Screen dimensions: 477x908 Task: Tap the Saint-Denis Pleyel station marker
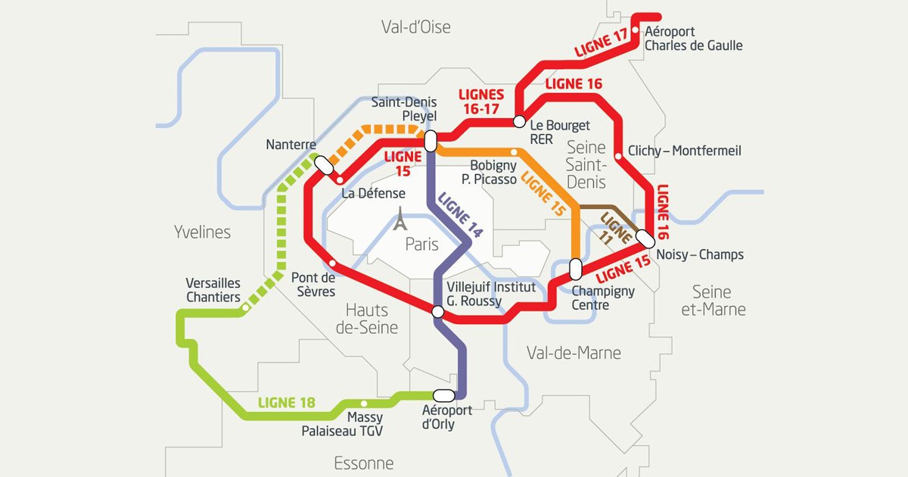431,141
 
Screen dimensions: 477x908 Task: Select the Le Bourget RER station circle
520,121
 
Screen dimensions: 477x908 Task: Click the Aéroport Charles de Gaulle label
692,39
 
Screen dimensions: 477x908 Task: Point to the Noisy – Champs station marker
645,238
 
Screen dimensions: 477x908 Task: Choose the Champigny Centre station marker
575,269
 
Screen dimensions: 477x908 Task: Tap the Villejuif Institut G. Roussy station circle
437,311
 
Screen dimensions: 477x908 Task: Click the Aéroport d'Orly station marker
443,395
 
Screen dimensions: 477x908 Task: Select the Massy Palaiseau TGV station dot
364,404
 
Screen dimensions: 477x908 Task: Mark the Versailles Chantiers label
213,290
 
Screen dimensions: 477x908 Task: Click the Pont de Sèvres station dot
333,263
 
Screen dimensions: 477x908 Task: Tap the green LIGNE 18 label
286,403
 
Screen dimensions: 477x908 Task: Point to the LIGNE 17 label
602,44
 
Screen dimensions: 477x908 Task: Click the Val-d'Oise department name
415,27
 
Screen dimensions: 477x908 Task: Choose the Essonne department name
364,463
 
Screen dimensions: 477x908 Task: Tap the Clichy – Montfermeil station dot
619,156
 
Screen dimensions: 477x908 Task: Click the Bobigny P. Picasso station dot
515,152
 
